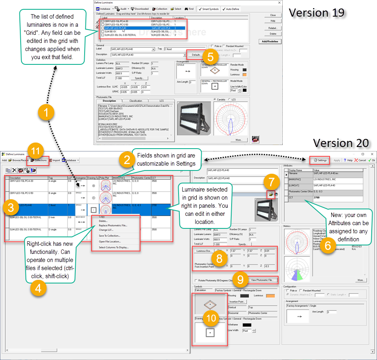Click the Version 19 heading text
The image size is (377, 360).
(316, 13)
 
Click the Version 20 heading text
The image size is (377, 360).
(341, 143)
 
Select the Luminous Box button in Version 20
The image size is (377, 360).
(204, 251)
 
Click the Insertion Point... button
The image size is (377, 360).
(237, 302)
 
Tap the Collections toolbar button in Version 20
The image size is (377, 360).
(38, 160)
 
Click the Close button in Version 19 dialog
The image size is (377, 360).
(273, 15)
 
